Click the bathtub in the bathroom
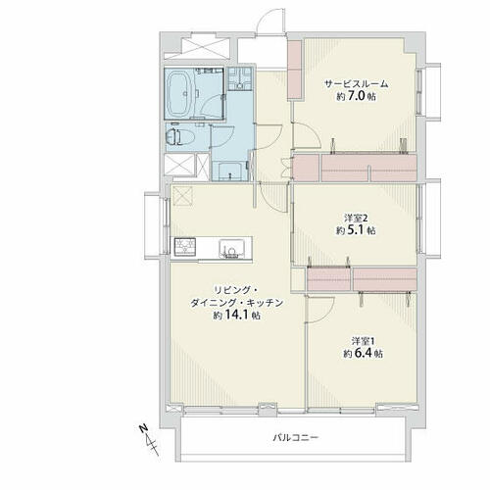pos(180,93)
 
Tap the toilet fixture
pos(173,136)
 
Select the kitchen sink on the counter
pos(231,248)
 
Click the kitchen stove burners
pos(185,246)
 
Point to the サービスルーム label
pos(356,84)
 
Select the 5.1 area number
pos(356,230)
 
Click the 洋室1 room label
pos(363,341)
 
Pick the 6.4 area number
pos(364,354)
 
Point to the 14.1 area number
pos(235,316)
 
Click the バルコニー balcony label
pos(296,437)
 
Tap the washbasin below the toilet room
pos(228,171)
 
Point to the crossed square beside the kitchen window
pos(183,196)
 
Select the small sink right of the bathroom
pos(240,79)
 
